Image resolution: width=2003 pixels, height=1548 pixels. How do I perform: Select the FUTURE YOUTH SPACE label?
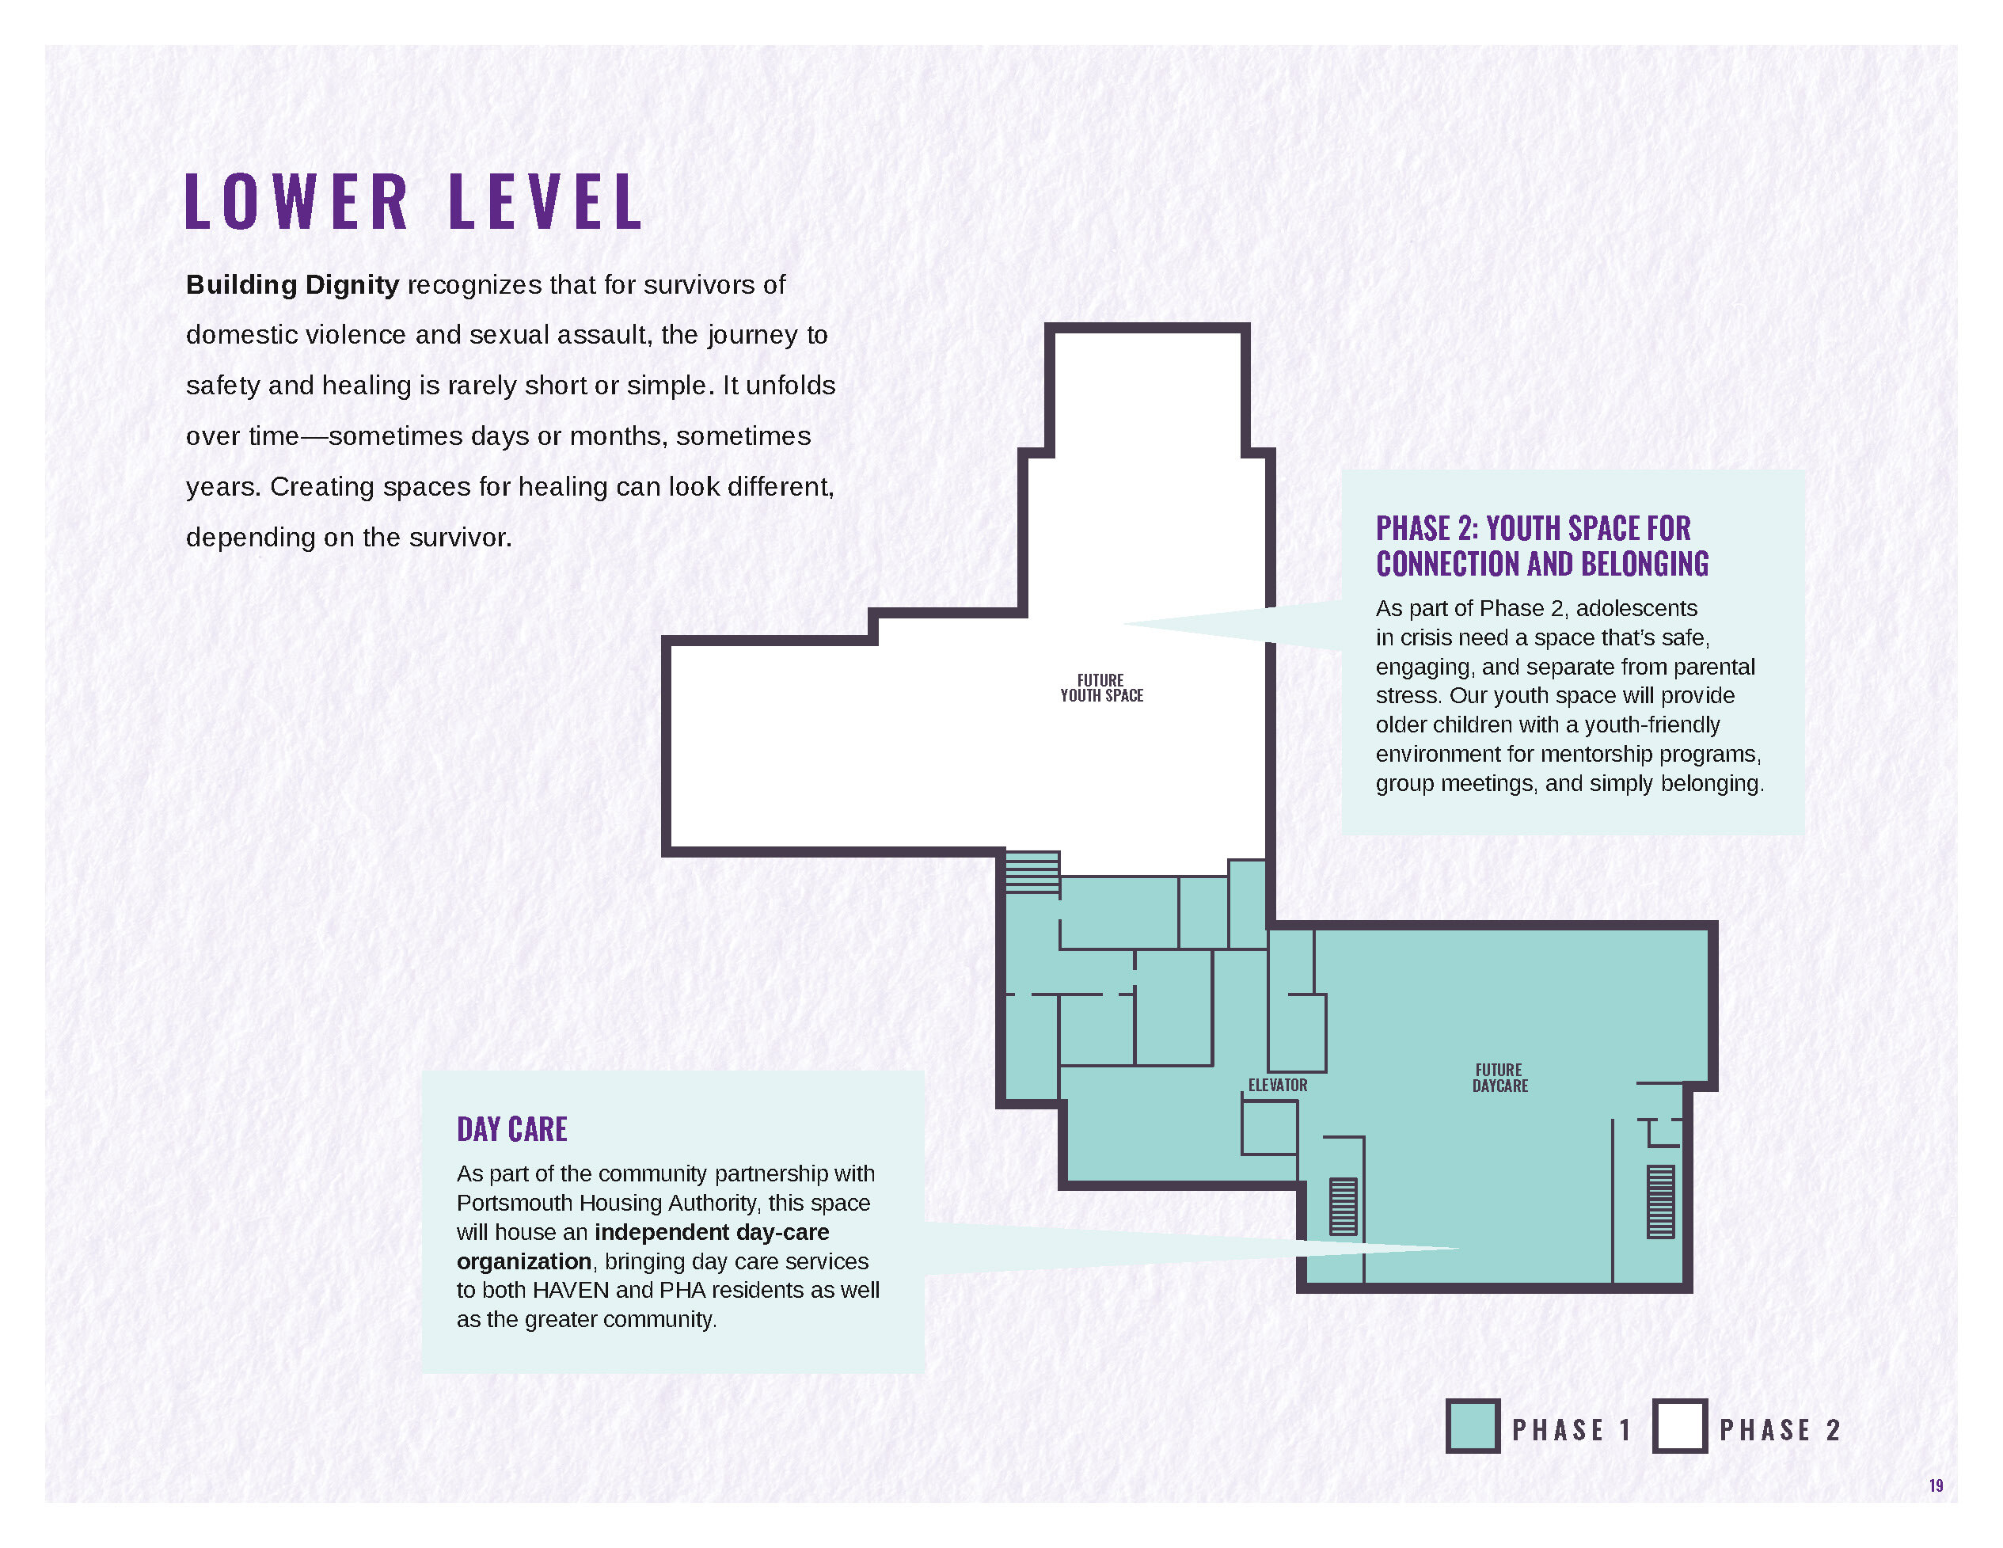click(1101, 688)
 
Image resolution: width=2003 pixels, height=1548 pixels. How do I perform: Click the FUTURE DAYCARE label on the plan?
click(1499, 1078)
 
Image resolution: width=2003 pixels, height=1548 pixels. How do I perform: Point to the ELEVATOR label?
click(1278, 1085)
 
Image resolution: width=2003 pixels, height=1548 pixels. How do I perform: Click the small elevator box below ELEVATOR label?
click(1269, 1127)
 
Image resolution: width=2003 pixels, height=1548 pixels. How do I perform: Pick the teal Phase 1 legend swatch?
click(1473, 1426)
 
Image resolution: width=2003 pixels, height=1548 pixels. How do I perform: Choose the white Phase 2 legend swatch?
click(1680, 1426)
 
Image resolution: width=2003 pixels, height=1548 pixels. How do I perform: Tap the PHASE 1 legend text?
click(1572, 1430)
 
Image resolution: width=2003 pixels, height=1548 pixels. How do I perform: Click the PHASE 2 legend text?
click(1779, 1430)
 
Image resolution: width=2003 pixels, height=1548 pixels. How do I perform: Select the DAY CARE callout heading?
click(511, 1129)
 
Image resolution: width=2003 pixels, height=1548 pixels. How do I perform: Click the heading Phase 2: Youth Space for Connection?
click(1542, 546)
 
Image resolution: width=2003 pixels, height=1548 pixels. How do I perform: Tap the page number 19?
click(1936, 1485)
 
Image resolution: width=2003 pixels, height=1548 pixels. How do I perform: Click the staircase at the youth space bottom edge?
click(1032, 872)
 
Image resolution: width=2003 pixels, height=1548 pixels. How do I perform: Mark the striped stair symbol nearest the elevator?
click(1344, 1206)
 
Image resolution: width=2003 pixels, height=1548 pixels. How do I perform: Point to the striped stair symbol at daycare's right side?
click(1661, 1201)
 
